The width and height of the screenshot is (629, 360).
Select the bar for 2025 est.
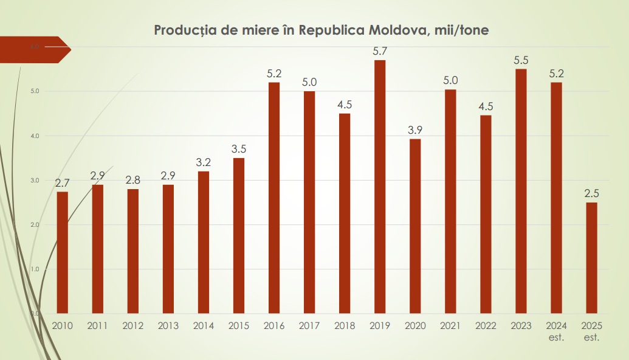point(591,258)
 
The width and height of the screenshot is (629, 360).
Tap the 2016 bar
point(274,198)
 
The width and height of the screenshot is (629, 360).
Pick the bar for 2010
point(63,252)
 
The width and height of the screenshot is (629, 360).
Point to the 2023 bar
point(521,191)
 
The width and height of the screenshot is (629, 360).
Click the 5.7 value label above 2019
point(380,51)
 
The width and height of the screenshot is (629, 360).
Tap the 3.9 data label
point(415,130)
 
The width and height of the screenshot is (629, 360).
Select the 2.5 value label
point(591,193)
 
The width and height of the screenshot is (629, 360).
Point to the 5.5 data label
point(521,60)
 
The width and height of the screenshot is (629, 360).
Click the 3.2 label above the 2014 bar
point(204,162)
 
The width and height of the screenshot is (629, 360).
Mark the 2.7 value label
point(63,182)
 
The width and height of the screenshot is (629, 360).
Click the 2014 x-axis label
point(204,325)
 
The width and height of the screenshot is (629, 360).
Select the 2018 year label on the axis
point(345,325)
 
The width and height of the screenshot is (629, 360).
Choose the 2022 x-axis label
point(486,325)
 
